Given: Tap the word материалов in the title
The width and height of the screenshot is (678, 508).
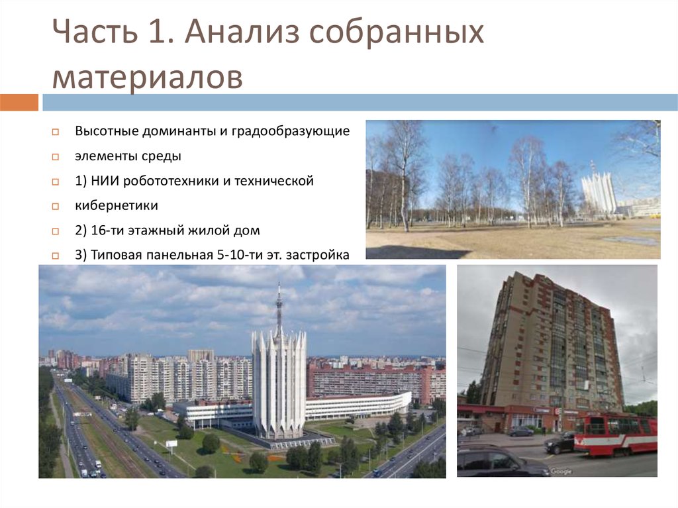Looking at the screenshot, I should pos(147,77).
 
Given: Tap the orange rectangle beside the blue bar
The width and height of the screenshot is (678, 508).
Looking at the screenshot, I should pos(19,103).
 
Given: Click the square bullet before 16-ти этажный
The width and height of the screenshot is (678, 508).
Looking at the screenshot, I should pos(57,231).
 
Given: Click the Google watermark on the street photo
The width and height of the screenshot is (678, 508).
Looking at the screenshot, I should pos(560,471).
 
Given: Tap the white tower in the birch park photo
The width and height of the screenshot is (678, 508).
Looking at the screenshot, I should pos(599,193).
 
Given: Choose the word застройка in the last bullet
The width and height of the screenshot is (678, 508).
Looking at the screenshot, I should pos(317,255).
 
